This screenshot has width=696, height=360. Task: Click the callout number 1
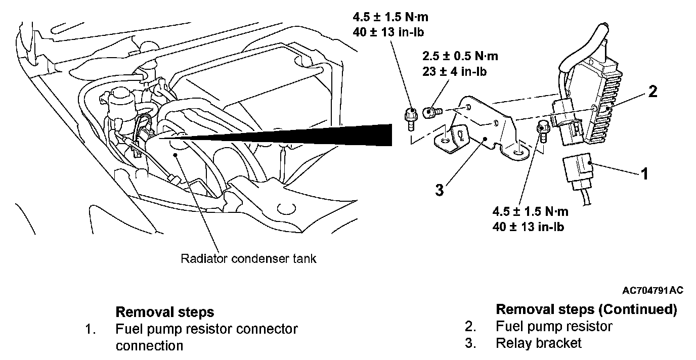point(644,174)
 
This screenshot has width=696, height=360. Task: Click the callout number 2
point(653,93)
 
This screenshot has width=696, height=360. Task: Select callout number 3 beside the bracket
point(439,190)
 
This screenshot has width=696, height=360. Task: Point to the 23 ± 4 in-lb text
point(454,72)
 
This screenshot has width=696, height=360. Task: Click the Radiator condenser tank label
point(248,259)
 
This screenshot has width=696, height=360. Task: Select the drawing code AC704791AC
point(653,291)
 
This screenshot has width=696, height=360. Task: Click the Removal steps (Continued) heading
point(586,309)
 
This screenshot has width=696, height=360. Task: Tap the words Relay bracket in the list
point(539,343)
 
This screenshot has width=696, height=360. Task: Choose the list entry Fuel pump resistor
point(554,326)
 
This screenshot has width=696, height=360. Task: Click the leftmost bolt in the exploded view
point(411,117)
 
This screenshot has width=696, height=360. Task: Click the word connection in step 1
point(149,346)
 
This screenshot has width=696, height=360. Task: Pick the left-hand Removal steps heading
point(165,311)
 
